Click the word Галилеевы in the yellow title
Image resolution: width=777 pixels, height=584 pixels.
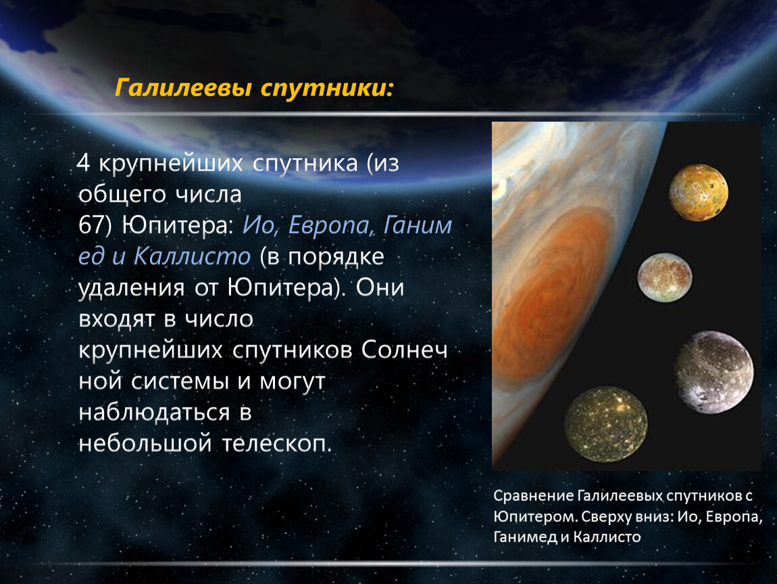click(184, 89)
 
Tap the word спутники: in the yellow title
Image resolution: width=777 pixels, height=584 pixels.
click(327, 89)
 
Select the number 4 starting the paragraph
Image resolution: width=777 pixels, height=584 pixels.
click(83, 163)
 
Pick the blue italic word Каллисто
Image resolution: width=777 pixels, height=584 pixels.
click(193, 256)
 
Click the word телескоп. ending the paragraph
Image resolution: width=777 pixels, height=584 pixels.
click(276, 443)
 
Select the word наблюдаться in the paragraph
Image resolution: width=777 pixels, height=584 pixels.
click(155, 412)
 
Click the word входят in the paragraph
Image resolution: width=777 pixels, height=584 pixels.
click(117, 320)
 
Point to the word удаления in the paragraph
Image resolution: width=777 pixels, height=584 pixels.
click(132, 288)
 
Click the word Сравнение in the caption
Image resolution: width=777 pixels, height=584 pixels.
click(534, 495)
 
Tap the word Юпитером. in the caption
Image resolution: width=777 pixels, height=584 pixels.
click(535, 516)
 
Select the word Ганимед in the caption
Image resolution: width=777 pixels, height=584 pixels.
click(525, 537)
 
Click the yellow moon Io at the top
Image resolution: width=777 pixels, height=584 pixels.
click(699, 193)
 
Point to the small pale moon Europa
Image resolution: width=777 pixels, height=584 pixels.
click(665, 278)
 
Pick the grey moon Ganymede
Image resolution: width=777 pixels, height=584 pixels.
click(714, 372)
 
